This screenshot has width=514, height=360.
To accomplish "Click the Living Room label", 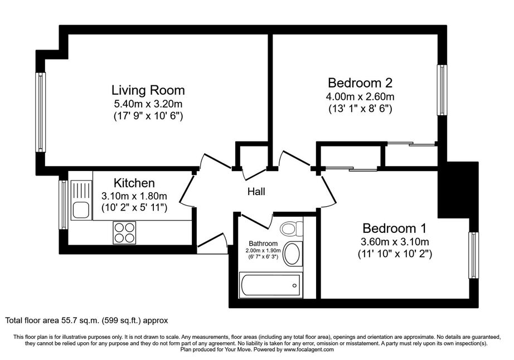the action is [x=148, y=90].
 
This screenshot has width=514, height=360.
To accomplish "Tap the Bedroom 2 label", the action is [x=360, y=82].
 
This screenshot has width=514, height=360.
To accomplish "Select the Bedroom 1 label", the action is [x=394, y=228].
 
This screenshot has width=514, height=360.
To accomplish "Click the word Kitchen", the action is [x=134, y=183].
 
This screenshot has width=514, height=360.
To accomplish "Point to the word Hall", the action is [x=256, y=192].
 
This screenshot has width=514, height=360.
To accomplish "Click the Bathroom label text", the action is [x=263, y=244].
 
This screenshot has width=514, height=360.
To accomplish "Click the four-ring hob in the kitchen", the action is [x=124, y=232].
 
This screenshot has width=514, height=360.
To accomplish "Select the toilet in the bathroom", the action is [x=292, y=228].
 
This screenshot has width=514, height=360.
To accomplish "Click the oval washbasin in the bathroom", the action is [x=293, y=254].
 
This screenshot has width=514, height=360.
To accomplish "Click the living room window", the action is [x=40, y=112].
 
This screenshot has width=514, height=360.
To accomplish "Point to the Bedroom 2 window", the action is [x=442, y=90].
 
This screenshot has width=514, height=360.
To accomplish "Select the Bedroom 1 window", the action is [x=473, y=255].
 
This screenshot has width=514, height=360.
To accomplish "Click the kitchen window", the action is [x=63, y=205].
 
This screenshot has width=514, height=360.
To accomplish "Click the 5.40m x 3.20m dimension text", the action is [x=148, y=104].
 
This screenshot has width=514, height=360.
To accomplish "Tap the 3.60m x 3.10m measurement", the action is [x=395, y=242].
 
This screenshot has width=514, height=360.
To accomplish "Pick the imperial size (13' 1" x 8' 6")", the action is [x=360, y=109].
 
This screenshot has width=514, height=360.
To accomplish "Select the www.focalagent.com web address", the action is [x=309, y=349].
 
